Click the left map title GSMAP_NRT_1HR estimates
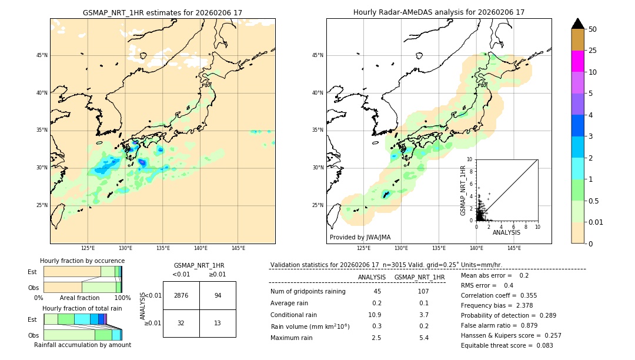(162, 12)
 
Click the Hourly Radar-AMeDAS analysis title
(439, 12)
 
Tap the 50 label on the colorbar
(593, 29)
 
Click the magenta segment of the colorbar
(577, 61)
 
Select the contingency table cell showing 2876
(181, 295)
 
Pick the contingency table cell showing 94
(218, 295)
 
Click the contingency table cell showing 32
(181, 323)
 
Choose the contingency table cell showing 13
(218, 323)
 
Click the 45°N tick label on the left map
(42, 55)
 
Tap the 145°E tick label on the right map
(514, 248)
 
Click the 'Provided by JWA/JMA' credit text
(360, 237)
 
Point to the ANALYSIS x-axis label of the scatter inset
(506, 232)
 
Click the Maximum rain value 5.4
(423, 338)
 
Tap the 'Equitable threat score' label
(498, 345)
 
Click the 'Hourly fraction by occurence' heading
(82, 261)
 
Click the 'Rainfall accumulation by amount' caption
(82, 345)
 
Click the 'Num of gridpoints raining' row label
(308, 291)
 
